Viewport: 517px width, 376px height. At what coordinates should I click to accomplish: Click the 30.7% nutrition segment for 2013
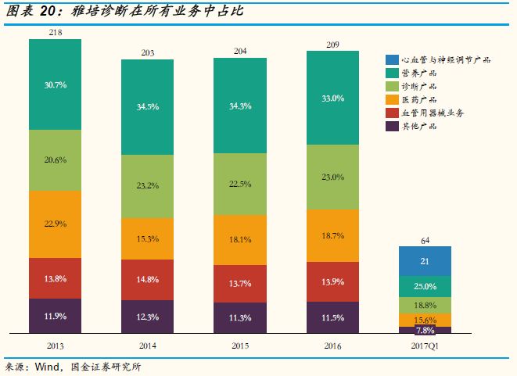click(55, 84)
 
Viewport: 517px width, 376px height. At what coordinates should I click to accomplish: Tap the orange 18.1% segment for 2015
click(239, 238)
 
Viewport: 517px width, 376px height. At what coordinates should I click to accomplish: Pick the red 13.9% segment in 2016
click(332, 281)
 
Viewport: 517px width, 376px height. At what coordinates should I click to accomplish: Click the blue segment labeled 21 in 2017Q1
click(425, 260)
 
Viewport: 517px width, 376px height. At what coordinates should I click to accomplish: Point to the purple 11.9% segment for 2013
click(55, 316)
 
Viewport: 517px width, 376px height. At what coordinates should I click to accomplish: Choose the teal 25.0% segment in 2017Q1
click(425, 286)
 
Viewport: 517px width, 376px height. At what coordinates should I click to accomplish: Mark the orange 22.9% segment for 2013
click(55, 224)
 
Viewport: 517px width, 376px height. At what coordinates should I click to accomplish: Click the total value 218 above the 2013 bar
click(55, 32)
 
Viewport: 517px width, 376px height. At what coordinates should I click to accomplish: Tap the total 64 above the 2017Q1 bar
click(425, 239)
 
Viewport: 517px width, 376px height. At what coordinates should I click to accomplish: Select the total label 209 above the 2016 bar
click(332, 44)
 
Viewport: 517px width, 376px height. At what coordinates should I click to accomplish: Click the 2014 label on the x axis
click(147, 344)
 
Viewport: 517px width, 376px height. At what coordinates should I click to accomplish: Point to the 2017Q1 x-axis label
click(425, 344)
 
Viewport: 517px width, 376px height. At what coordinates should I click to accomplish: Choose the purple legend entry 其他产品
click(421, 126)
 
